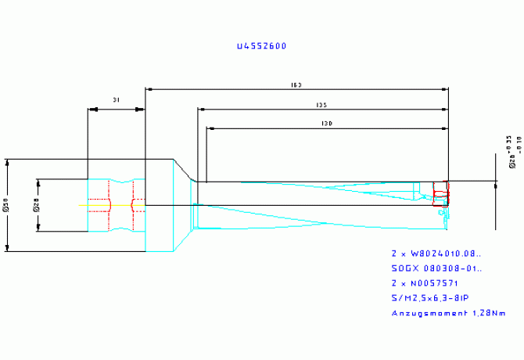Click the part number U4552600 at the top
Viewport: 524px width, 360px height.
tap(261, 46)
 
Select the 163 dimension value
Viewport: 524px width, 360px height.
tap(296, 85)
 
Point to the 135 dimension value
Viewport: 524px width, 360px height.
tap(321, 105)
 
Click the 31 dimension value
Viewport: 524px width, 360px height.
tap(117, 100)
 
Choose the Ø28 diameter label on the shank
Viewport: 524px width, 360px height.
tap(36, 206)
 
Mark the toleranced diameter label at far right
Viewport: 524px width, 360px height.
tap(512, 152)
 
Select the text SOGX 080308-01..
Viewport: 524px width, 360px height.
tap(436, 269)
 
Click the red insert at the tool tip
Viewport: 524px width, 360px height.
tap(440, 190)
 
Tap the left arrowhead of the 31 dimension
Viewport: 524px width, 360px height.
tap(91, 110)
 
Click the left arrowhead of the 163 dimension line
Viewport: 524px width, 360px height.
tap(150, 90)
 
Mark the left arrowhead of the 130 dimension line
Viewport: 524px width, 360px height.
tap(210, 128)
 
